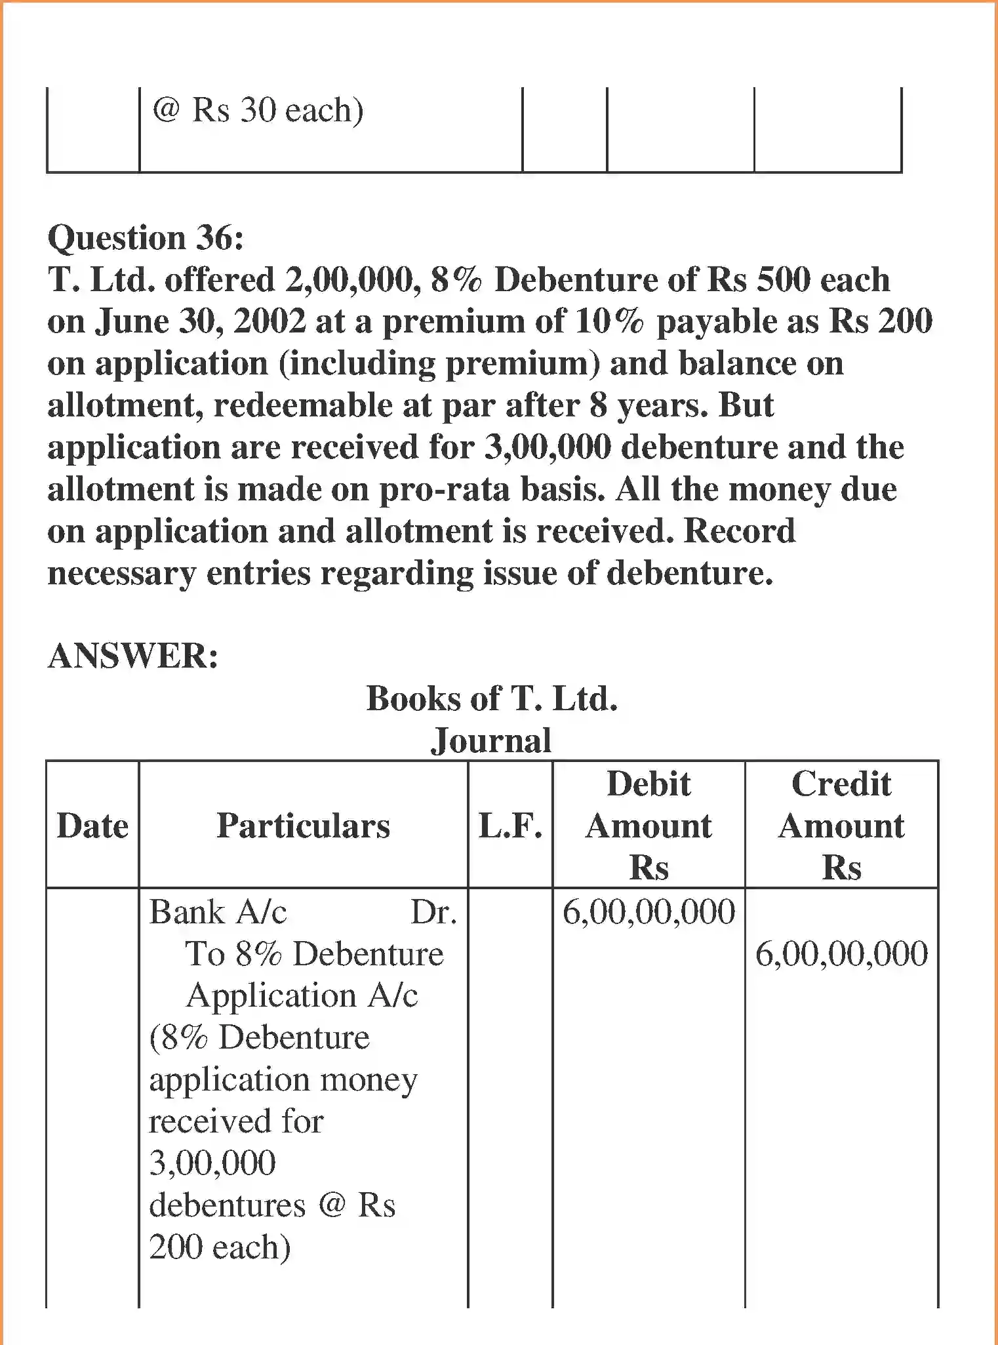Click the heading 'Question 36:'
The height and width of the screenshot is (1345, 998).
(146, 237)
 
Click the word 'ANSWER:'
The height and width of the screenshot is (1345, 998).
(133, 655)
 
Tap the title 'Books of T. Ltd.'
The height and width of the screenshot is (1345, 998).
(492, 698)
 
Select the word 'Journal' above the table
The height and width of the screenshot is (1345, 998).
(491, 740)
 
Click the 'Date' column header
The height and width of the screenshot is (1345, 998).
(92, 826)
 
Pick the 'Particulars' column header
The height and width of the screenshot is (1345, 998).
(303, 826)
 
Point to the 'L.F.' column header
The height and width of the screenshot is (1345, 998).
(510, 826)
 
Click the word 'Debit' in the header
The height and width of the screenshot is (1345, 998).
(649, 784)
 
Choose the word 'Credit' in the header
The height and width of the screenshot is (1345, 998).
(841, 784)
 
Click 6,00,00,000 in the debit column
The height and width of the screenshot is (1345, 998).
(649, 912)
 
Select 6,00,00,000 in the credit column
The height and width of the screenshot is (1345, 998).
(841, 954)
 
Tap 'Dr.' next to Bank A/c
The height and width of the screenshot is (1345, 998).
(433, 912)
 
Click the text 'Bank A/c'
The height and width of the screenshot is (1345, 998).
(218, 912)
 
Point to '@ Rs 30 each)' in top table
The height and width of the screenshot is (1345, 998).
(258, 110)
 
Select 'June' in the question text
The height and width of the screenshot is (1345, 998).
(132, 321)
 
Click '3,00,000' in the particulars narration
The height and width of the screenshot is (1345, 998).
(212, 1163)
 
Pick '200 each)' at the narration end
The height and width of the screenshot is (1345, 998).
(220, 1247)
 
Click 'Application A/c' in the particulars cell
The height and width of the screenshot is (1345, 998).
(302, 996)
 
